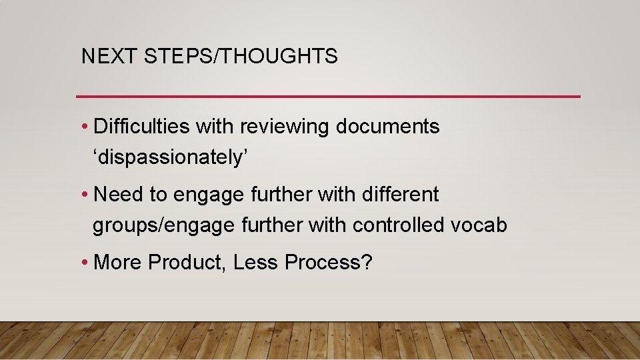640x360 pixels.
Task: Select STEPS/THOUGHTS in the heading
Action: tap(241, 57)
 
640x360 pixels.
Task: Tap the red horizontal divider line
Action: tap(328, 97)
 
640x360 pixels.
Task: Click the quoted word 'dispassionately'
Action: tap(171, 158)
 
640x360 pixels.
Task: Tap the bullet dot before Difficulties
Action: tap(86, 127)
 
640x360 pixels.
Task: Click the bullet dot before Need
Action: tap(86, 195)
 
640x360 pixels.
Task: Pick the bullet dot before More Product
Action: tap(86, 263)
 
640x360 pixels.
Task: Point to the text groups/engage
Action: tap(164, 226)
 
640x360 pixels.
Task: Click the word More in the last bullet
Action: tap(119, 263)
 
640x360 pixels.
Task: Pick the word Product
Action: tap(189, 263)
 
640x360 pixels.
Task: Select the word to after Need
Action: tap(158, 195)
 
